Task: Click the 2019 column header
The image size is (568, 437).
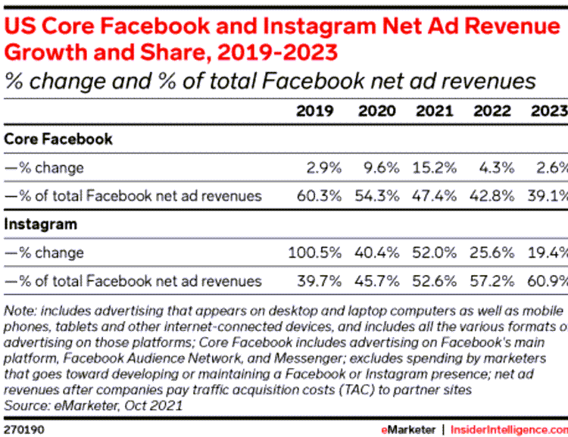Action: (315, 111)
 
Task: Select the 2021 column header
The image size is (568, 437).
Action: (434, 111)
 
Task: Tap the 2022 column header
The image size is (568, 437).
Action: (492, 111)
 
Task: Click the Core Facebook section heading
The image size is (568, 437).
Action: (58, 139)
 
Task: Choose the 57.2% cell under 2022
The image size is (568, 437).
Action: (494, 281)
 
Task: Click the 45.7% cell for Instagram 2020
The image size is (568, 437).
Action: (376, 281)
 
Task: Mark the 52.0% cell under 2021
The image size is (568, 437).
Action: (435, 252)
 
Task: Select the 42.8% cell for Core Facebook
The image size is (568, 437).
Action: (494, 195)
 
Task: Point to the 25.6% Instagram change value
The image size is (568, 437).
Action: (494, 252)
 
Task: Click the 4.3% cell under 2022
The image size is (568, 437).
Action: (497, 167)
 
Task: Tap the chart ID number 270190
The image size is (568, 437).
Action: (24, 429)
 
